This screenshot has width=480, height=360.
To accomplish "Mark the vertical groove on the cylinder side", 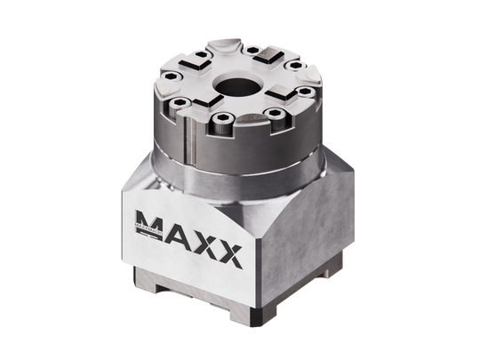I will click(x=189, y=148).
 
